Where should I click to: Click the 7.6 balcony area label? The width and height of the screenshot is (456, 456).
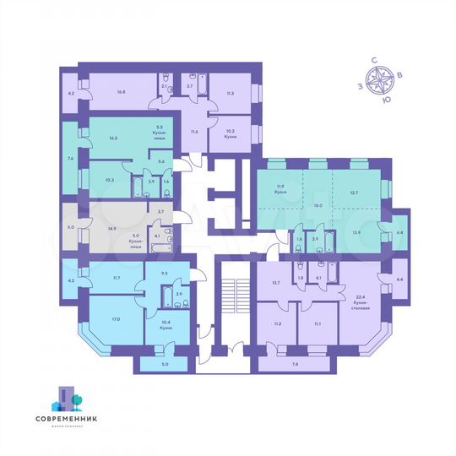point(71,157)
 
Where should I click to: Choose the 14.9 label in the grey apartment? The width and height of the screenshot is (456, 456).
point(111,227)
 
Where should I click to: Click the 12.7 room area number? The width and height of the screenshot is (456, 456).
point(354,190)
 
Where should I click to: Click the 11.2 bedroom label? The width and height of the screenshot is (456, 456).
point(277,323)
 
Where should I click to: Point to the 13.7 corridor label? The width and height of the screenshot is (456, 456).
point(275,282)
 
